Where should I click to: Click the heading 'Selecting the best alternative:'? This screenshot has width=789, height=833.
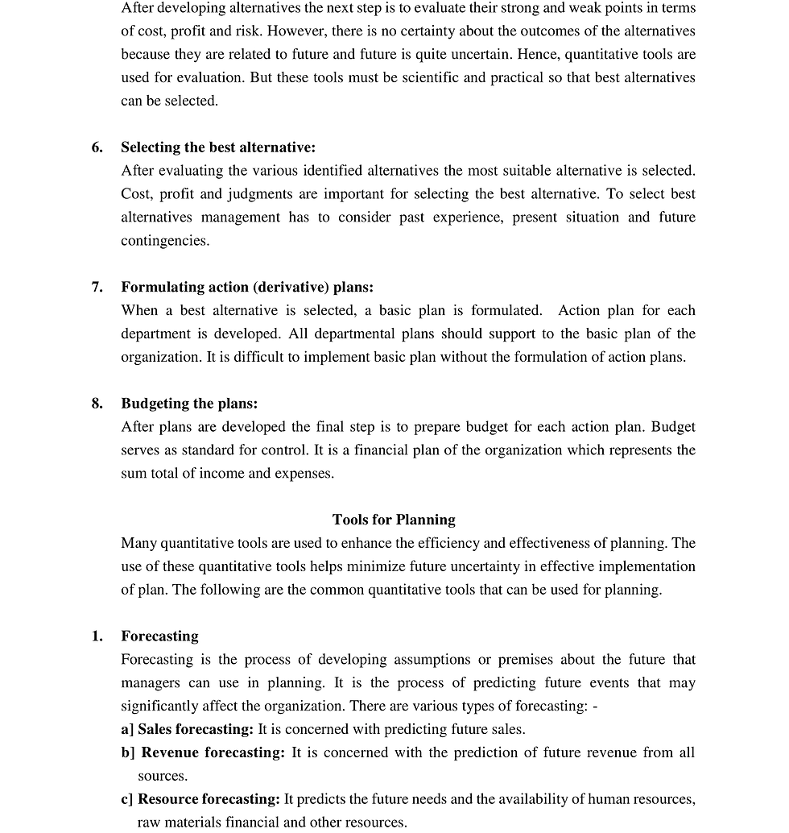(x=218, y=147)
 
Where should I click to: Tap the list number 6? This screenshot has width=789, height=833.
(x=97, y=147)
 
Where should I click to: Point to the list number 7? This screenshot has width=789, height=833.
(x=97, y=288)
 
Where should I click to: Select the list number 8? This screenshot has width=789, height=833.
(x=97, y=404)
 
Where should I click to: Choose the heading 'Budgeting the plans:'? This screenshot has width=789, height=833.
(x=189, y=404)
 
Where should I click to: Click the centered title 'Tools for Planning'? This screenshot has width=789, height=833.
(x=394, y=520)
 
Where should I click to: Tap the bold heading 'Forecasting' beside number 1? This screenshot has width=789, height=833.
(x=159, y=636)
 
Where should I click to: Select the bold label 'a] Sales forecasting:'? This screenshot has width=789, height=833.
(x=187, y=730)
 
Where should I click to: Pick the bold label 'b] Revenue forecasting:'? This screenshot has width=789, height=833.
(x=213, y=753)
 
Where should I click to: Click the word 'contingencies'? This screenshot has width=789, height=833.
(x=165, y=241)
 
